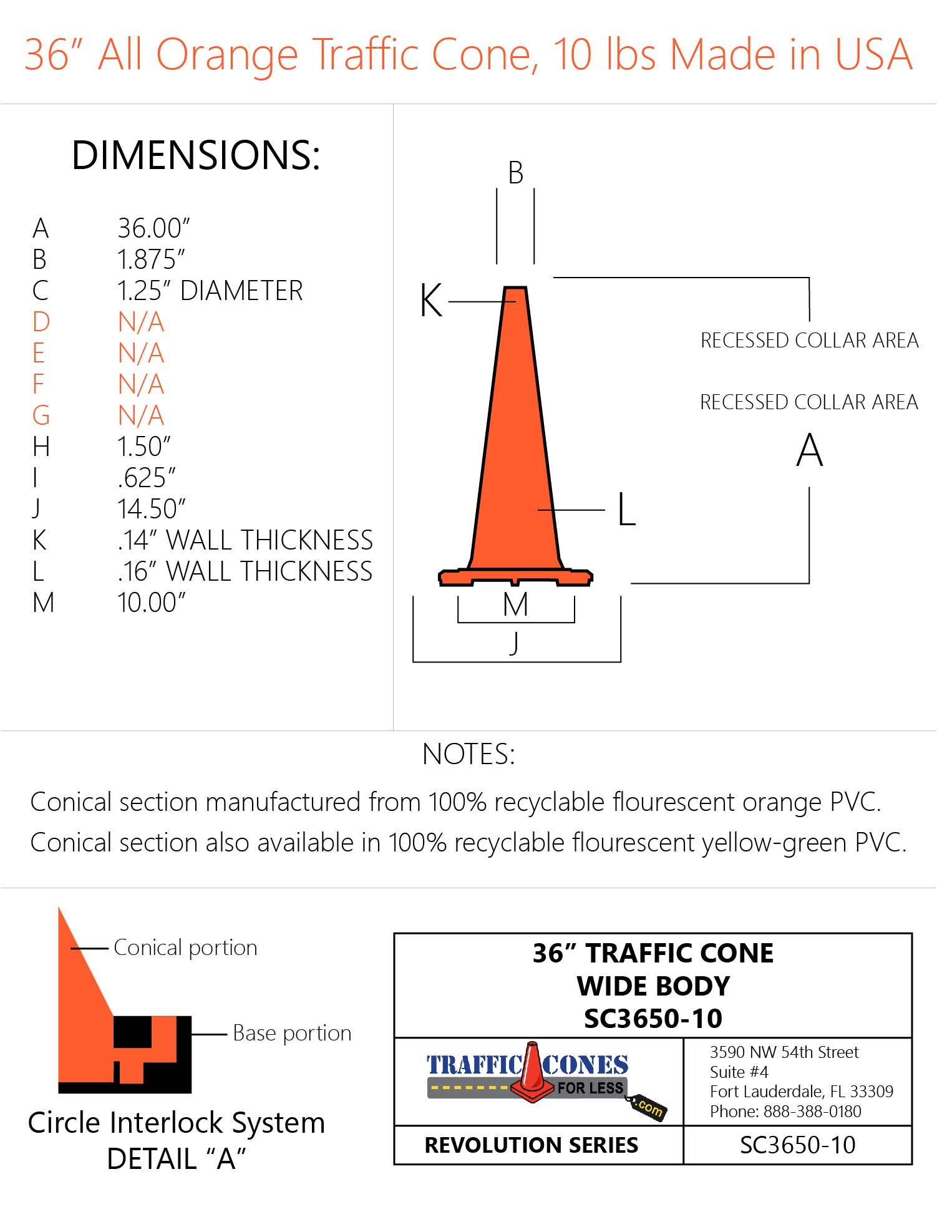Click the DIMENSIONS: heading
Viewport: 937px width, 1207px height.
[196, 155]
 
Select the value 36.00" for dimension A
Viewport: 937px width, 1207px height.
[153, 228]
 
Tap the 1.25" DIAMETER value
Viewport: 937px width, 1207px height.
[210, 291]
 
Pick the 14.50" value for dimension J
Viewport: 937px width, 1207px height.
[152, 509]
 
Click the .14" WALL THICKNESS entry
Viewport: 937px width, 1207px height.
[245, 540]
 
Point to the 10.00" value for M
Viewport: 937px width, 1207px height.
[152, 603]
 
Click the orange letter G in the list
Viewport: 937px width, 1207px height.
[41, 415]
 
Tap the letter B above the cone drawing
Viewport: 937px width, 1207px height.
[515, 173]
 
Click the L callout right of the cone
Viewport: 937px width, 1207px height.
[626, 510]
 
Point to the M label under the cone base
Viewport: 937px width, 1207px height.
[515, 604]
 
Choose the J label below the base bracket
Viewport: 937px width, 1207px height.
[514, 642]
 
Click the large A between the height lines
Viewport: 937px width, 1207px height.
[809, 450]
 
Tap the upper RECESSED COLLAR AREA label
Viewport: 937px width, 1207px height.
[809, 341]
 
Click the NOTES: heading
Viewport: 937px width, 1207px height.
[468, 754]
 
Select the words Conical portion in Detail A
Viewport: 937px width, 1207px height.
[185, 948]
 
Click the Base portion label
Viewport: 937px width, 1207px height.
[292, 1033]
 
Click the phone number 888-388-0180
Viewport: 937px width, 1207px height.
[812, 1111]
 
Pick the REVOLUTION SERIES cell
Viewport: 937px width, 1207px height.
[531, 1145]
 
